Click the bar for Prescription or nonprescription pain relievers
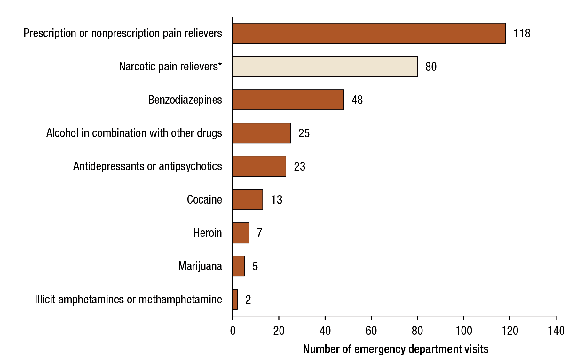369,33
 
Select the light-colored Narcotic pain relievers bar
325,67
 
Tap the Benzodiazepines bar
288,100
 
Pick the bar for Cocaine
248,200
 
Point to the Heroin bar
241,233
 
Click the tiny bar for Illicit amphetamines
235,300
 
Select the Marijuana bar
239,266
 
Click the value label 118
522,34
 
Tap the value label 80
431,67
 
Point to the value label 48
357,100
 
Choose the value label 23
299,167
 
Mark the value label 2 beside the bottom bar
248,300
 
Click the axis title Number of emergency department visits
395,349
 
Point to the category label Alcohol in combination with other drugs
134,133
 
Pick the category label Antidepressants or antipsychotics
147,166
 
